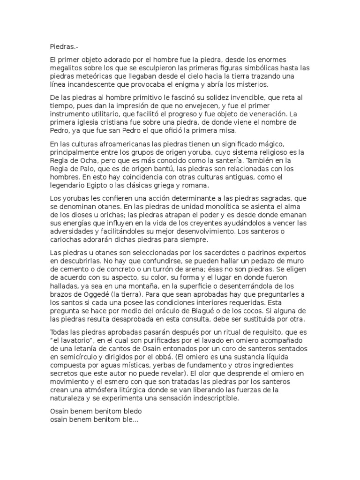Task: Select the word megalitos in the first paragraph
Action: pos(66,67)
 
